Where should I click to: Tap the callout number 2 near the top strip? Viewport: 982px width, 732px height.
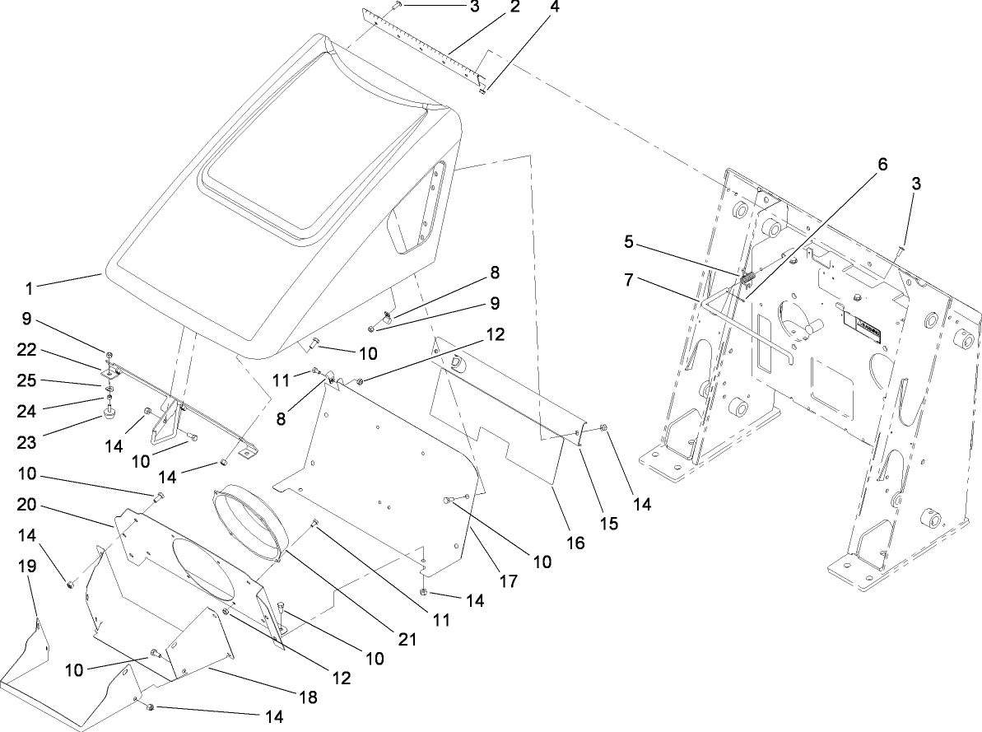(514, 7)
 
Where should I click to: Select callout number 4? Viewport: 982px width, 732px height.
(555, 7)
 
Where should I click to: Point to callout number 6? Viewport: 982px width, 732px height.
(882, 165)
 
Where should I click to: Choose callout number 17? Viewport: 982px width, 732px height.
(508, 580)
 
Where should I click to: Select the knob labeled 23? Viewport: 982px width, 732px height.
(109, 408)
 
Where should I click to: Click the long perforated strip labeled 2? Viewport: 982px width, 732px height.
(428, 45)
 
